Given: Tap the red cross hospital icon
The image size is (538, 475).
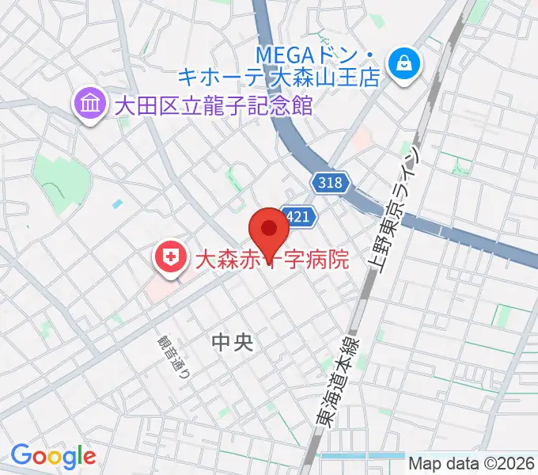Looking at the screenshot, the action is pos(169,257).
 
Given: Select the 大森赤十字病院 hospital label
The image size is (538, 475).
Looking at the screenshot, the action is pos(261,259).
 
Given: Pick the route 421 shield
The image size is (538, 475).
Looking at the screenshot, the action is pos(301,215).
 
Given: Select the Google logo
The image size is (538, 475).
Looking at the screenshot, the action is pos(53,456).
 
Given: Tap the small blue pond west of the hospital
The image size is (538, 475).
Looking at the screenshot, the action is pos(118,203).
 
